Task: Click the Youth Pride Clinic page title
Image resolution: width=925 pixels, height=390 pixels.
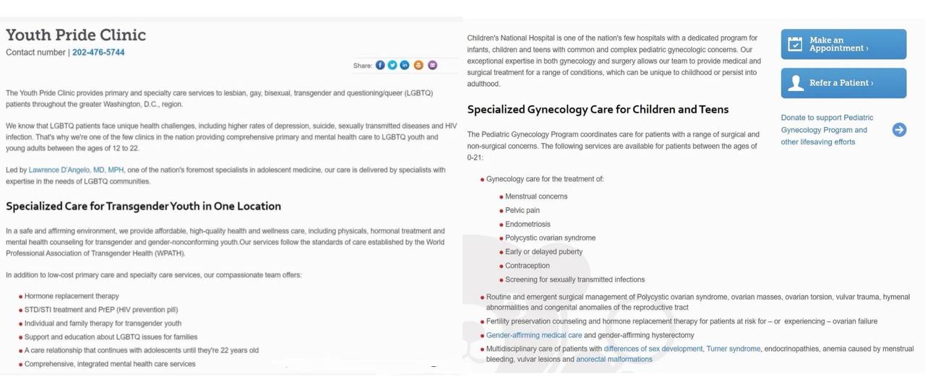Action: coord(76,35)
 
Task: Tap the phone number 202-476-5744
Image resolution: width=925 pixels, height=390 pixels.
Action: coord(98,53)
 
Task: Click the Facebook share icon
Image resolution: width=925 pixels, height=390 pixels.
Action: coord(380,65)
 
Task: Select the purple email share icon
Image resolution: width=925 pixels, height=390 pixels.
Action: coord(432,65)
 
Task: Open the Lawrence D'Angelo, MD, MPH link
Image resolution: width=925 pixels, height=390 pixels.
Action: coord(77,170)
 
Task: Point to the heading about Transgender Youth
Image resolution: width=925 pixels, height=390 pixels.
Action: coord(143,206)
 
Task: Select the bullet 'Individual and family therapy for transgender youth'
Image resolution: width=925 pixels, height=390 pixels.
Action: coord(103,324)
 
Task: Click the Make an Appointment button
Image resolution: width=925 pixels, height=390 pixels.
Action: coord(843,44)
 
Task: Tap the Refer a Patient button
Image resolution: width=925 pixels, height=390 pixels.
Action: coord(843,83)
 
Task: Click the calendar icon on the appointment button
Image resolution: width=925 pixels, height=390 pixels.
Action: coord(795,44)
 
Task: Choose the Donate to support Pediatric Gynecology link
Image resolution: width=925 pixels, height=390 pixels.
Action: coord(827,130)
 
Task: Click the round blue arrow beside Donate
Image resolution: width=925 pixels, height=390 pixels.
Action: coord(899,130)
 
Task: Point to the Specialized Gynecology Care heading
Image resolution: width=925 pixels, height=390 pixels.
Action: coord(598,110)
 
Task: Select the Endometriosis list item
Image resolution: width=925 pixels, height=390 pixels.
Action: coord(528,225)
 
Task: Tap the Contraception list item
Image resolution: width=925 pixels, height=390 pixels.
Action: coord(527,266)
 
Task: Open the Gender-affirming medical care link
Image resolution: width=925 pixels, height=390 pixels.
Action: coord(534,335)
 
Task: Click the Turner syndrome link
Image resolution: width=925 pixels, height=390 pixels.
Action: coord(733,349)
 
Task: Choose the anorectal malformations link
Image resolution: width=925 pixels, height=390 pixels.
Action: coord(614,359)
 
